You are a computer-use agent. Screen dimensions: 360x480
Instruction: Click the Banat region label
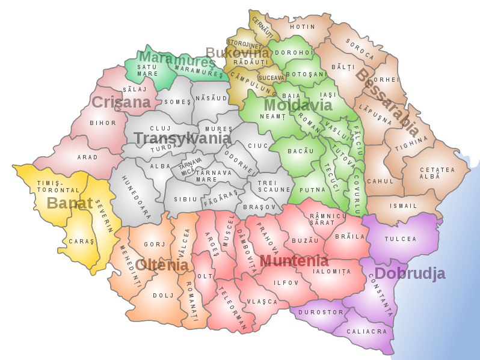click(x=70, y=203)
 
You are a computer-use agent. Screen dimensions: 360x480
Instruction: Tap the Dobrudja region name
click(x=410, y=274)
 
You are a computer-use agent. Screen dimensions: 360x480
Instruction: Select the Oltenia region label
click(x=162, y=265)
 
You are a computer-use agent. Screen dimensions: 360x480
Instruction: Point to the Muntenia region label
click(x=294, y=261)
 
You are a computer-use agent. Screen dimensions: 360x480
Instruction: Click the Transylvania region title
click(x=182, y=139)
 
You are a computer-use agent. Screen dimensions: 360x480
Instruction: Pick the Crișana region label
click(x=121, y=102)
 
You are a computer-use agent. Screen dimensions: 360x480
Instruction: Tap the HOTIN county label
click(x=303, y=27)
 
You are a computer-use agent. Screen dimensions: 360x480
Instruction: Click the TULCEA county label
click(x=401, y=239)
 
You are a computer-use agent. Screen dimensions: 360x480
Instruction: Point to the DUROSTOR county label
click(x=325, y=312)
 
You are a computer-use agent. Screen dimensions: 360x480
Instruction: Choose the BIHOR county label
click(x=103, y=123)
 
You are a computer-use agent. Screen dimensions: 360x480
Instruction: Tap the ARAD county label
click(x=88, y=157)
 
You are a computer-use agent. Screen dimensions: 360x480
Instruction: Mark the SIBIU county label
click(x=185, y=199)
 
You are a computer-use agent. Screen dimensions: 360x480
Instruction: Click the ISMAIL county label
click(x=403, y=206)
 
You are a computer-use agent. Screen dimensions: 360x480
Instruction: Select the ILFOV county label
click(x=286, y=282)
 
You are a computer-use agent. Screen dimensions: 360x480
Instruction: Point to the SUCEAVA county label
click(x=271, y=78)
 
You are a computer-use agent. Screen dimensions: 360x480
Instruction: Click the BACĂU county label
click(x=301, y=151)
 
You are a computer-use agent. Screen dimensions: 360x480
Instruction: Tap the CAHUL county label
click(x=380, y=181)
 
